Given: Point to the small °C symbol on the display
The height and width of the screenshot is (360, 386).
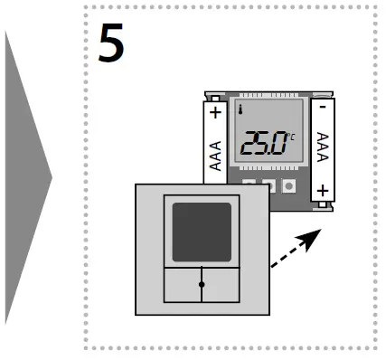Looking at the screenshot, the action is [x=291, y=136].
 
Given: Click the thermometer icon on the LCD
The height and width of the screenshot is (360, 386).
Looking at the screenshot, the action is [x=242, y=111].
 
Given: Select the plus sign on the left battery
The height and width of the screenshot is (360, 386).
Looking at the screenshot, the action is [x=215, y=114].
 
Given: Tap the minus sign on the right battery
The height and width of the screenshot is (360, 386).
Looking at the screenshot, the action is [x=323, y=107].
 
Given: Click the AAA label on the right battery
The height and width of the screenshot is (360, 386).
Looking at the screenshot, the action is [x=323, y=145].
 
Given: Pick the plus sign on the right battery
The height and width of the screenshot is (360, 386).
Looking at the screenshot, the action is [x=323, y=190].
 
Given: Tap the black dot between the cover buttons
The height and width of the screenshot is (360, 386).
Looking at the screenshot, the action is [x=201, y=284].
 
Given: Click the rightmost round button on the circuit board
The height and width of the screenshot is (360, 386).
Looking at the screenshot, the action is [x=288, y=186].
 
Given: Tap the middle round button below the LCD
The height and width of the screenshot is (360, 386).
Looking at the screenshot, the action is [x=269, y=186].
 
